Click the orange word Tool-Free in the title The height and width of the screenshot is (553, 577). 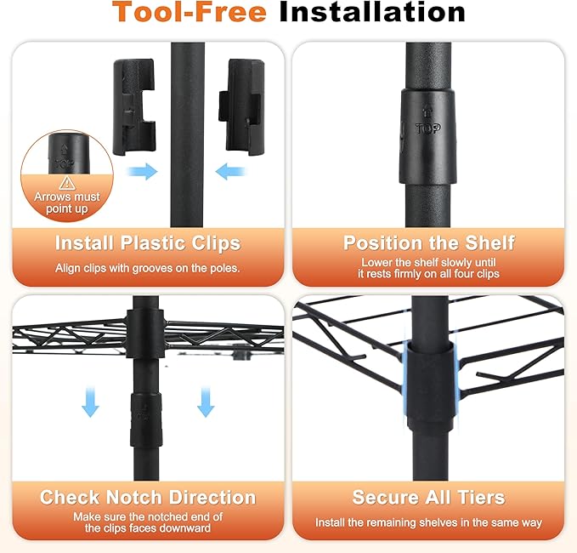click(189, 12)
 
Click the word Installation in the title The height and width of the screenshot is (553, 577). click(372, 12)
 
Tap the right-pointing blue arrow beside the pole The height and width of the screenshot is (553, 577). click(143, 171)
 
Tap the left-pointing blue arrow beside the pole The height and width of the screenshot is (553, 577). click(230, 171)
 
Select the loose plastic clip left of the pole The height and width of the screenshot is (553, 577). click(134, 106)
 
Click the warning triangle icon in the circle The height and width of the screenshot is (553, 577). click(67, 183)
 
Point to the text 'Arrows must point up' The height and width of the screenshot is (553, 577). click(67, 202)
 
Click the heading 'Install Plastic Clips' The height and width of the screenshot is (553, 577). click(148, 243)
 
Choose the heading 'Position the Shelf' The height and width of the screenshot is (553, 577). click(428, 243)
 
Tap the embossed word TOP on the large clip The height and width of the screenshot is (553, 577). click(428, 128)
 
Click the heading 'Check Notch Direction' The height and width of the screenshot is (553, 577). click(148, 498)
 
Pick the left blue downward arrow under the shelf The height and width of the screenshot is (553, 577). click(90, 402)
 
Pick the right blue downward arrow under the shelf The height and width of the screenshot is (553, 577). click(206, 402)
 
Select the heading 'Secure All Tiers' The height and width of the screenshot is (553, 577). click(428, 498)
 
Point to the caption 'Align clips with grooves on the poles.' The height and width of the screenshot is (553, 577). click(148, 268)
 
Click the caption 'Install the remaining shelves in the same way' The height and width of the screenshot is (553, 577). click(428, 522)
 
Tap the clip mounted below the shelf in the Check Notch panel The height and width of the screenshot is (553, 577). click(146, 419)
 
